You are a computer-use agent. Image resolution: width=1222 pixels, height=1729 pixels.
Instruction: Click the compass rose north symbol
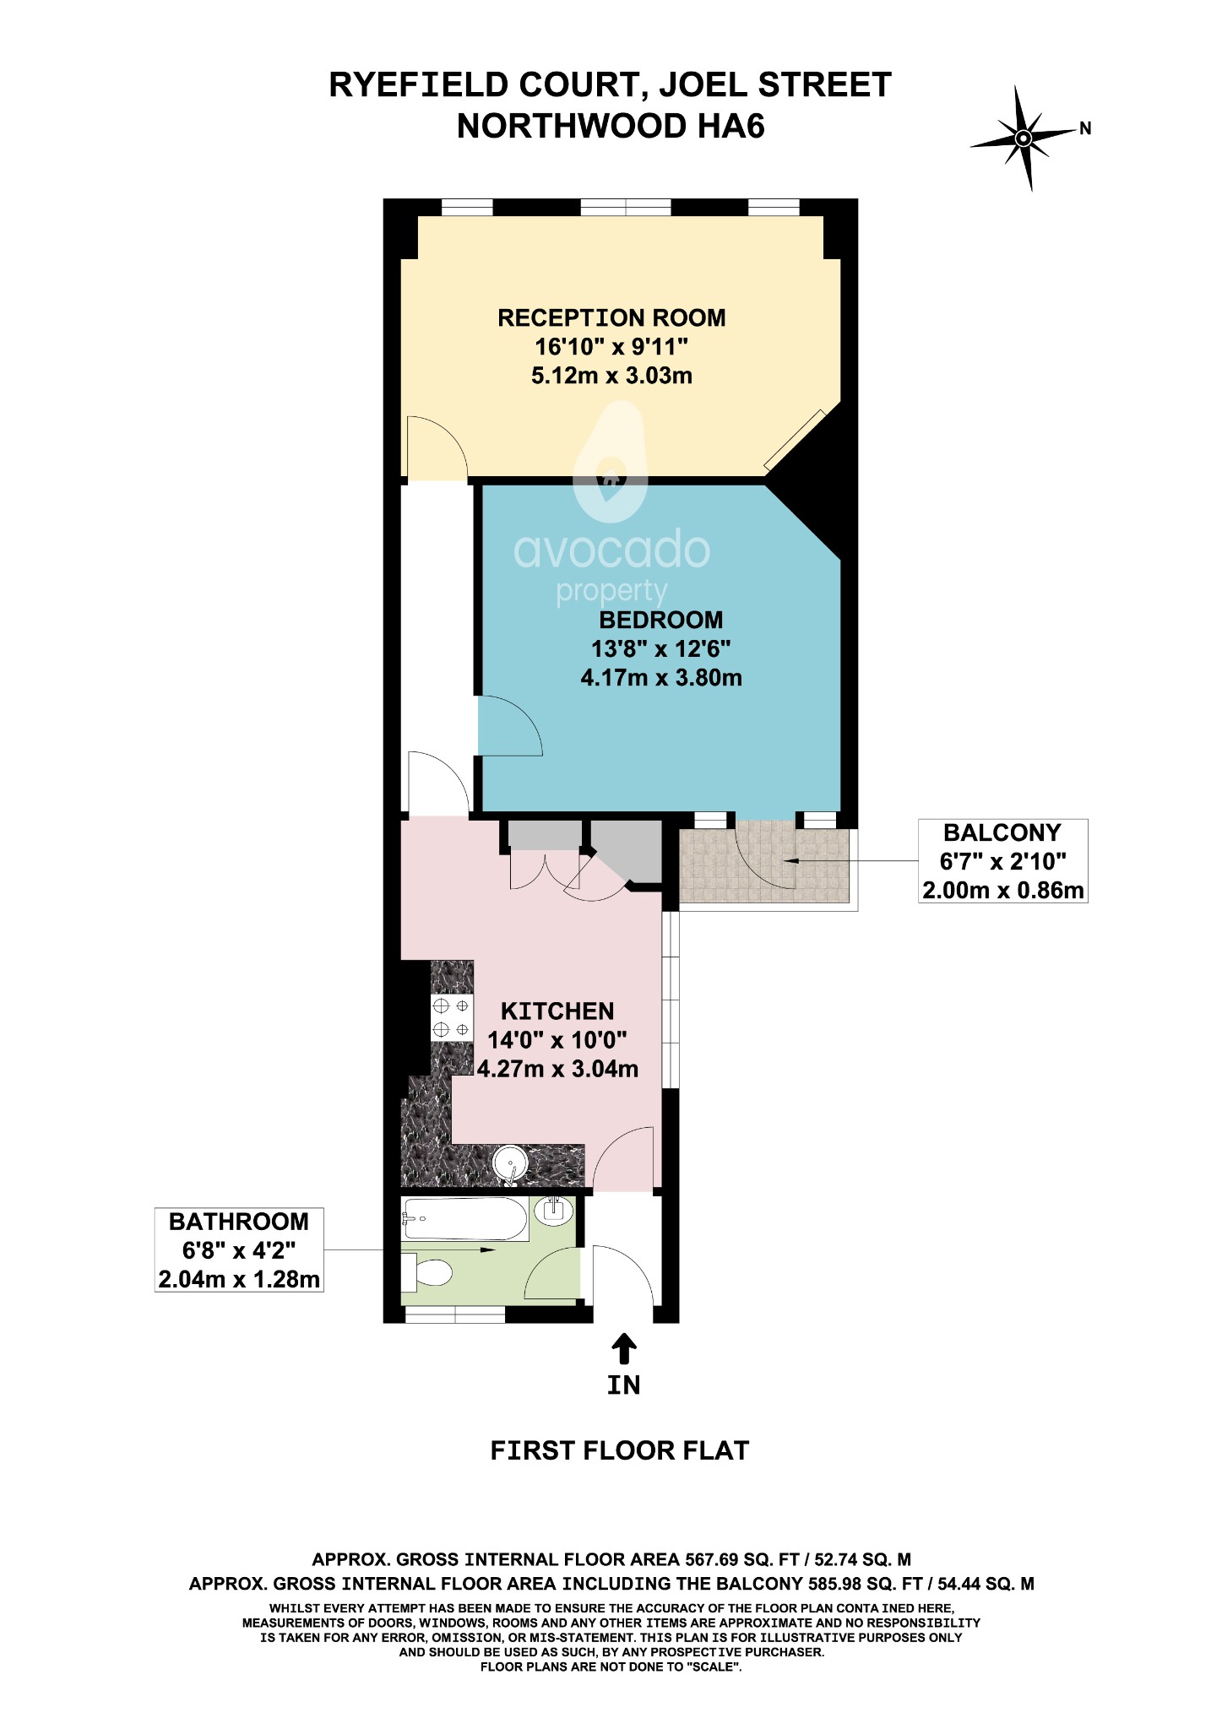[x=1024, y=138]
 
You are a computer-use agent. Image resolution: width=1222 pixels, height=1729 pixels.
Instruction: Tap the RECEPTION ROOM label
[x=611, y=318]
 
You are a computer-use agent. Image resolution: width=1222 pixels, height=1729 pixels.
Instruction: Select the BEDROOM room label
[x=661, y=620]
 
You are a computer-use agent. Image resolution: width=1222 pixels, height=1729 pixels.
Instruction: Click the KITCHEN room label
[x=557, y=1011]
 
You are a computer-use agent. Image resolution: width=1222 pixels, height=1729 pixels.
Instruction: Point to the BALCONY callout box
[x=1002, y=861]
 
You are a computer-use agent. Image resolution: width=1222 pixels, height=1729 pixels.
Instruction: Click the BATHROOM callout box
[x=239, y=1250]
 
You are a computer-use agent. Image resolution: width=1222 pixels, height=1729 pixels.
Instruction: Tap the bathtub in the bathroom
[x=464, y=1218]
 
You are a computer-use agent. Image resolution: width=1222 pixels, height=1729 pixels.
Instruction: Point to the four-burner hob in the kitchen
[x=451, y=1018]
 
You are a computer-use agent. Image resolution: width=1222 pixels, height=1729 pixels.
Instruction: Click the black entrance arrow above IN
[x=624, y=1348]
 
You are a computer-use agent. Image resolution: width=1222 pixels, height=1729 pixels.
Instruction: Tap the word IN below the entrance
[x=624, y=1385]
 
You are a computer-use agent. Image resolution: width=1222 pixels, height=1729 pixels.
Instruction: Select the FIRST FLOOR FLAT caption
[x=619, y=1451]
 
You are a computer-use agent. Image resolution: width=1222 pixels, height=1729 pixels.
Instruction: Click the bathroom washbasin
[x=555, y=1210]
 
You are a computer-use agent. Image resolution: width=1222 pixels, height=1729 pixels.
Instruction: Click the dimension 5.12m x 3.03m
[x=611, y=376]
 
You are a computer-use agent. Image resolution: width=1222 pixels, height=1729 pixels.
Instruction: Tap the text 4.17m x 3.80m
[x=661, y=677]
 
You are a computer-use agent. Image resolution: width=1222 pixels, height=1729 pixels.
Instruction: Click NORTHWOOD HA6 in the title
[x=611, y=127]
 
